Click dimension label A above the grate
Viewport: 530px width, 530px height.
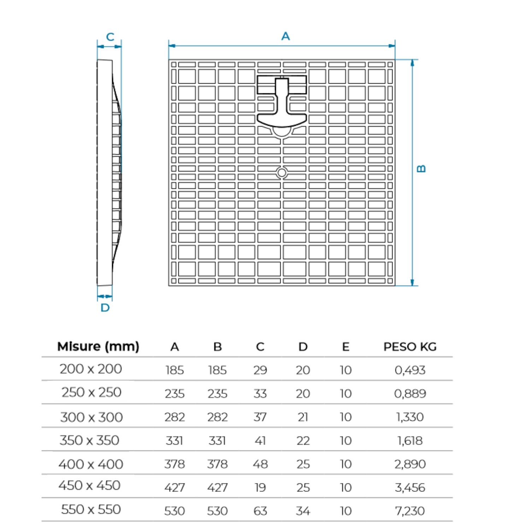(285, 36)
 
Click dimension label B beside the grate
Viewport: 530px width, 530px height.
(421, 169)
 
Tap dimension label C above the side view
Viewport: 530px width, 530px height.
(110, 37)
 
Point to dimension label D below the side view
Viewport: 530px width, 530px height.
(105, 308)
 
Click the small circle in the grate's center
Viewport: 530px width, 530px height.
(282, 173)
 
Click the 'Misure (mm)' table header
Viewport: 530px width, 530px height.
(98, 346)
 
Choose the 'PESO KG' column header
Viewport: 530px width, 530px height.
(410, 347)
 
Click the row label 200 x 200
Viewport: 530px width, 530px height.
(91, 369)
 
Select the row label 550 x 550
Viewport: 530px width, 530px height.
(91, 510)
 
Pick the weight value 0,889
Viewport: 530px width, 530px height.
(410, 394)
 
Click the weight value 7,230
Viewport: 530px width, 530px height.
(410, 511)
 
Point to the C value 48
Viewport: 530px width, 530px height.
(260, 464)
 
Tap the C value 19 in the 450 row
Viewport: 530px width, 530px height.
(260, 488)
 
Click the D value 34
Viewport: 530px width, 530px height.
(303, 511)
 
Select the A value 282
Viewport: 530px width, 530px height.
(175, 417)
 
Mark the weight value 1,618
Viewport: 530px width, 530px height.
(410, 441)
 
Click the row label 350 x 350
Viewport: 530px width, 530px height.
(89, 440)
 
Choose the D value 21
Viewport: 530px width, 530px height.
(303, 417)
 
